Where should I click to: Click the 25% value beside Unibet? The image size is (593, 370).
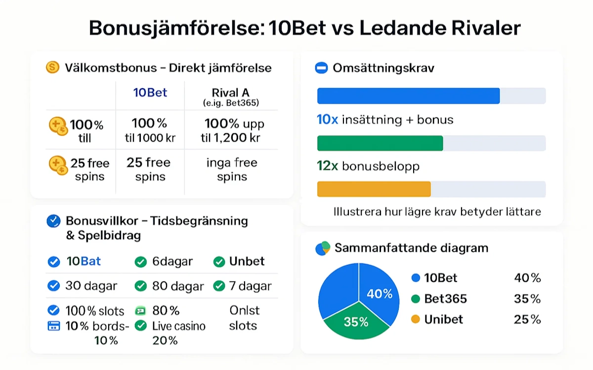[527, 319]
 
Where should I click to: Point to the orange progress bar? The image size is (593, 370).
[374, 189]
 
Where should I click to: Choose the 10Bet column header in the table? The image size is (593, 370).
[150, 92]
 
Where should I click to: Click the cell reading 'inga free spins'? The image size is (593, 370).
[232, 169]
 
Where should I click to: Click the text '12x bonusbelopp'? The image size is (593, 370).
[368, 166]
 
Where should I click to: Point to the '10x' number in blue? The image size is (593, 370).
[327, 119]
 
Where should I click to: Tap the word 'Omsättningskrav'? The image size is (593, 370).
[383, 68]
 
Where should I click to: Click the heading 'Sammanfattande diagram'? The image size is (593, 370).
[411, 247]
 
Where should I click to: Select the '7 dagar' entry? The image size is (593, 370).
[250, 286]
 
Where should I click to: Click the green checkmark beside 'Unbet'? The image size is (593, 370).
[219, 262]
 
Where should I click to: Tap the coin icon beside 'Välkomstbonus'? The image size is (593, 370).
[52, 67]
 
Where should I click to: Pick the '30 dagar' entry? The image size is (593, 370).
[91, 286]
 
